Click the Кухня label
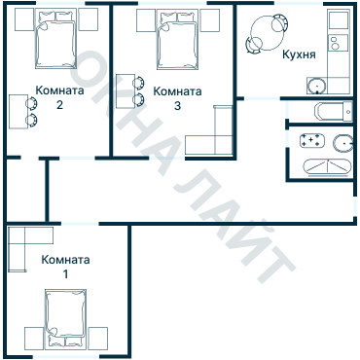[x=299, y=54]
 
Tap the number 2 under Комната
[x=59, y=105]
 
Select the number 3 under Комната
[x=177, y=106]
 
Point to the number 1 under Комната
[x=66, y=274]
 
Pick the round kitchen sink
[x=316, y=87]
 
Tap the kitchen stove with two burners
[x=338, y=43]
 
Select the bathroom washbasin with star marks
[x=312, y=140]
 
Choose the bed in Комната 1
[x=66, y=319]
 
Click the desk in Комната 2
[x=18, y=112]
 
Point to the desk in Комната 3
[x=126, y=91]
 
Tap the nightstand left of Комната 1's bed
[x=34, y=339]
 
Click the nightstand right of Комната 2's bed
[x=89, y=19]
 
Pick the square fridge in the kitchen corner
[x=338, y=19]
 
